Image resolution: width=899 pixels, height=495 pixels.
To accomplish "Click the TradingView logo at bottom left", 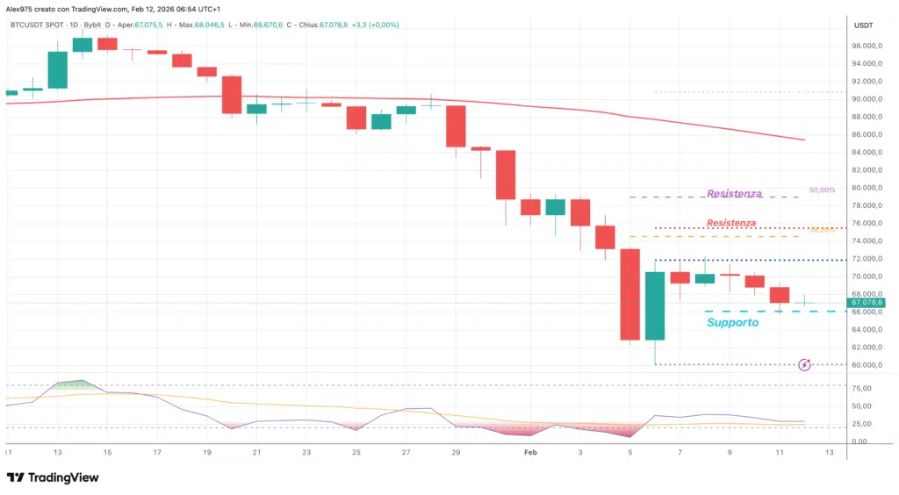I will pyautogui.click(x=53, y=477).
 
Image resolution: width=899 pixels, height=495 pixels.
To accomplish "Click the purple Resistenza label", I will pyautogui.click(x=734, y=193).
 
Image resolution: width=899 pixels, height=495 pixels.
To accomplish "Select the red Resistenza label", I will pyautogui.click(x=730, y=223).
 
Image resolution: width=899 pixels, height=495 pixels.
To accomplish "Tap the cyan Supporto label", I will pyautogui.click(x=732, y=322).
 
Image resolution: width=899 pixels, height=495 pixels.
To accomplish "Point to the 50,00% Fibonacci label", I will pyautogui.click(x=822, y=190).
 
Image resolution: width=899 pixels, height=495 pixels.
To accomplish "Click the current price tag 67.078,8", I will pyautogui.click(x=867, y=303).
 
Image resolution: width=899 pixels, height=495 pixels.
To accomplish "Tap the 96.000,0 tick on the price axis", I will pyautogui.click(x=867, y=46).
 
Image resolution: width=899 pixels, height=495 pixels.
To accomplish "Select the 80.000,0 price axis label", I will pyautogui.click(x=867, y=188).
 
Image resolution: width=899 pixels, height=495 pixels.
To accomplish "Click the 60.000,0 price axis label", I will pyautogui.click(x=867, y=365).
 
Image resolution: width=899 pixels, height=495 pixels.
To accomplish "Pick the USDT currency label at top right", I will pyautogui.click(x=863, y=25).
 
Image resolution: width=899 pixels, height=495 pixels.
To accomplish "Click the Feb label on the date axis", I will pyautogui.click(x=529, y=452).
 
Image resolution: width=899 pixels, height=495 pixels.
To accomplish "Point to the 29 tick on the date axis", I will pyautogui.click(x=455, y=452).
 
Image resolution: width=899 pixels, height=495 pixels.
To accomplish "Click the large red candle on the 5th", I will pyautogui.click(x=629, y=294).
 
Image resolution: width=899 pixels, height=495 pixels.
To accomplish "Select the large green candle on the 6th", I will pyautogui.click(x=655, y=305).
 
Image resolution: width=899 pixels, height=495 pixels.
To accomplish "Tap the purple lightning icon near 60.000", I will pyautogui.click(x=804, y=364).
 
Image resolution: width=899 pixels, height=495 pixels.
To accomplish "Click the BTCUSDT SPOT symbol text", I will pyautogui.click(x=36, y=25).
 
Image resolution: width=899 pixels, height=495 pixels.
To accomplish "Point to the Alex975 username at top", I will pyautogui.click(x=22, y=8).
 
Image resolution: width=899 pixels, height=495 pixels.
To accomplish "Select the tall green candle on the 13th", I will pyautogui.click(x=58, y=70).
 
